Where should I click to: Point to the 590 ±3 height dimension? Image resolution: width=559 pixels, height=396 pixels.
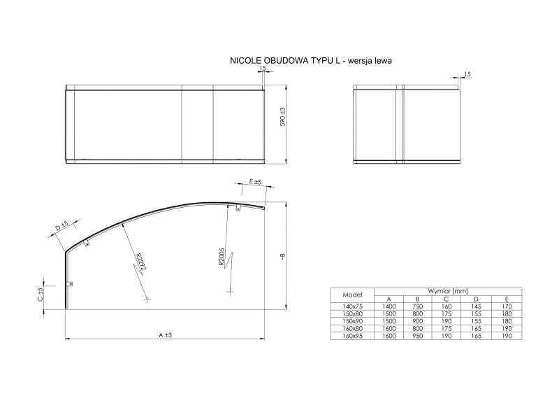(282, 116)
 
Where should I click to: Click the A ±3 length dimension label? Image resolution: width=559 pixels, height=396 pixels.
(165, 336)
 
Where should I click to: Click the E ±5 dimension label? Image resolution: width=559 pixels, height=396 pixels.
(255, 183)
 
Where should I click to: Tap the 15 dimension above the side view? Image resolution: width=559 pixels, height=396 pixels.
(467, 74)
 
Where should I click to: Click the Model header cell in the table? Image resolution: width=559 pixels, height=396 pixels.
(351, 295)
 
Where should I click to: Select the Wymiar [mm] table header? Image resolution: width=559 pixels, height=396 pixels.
(448, 290)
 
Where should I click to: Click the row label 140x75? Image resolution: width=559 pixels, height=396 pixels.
(351, 306)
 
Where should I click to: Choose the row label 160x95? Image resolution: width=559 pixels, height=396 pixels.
(351, 337)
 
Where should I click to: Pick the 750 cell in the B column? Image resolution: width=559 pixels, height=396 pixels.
(418, 306)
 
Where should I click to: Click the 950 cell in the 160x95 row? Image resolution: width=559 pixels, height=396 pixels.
(418, 337)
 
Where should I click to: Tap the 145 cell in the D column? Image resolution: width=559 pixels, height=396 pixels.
(477, 306)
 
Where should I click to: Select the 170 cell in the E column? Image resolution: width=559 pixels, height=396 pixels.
(507, 306)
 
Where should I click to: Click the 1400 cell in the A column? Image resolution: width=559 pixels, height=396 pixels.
(389, 306)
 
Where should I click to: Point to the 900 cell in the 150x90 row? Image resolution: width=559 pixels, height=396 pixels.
(418, 321)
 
